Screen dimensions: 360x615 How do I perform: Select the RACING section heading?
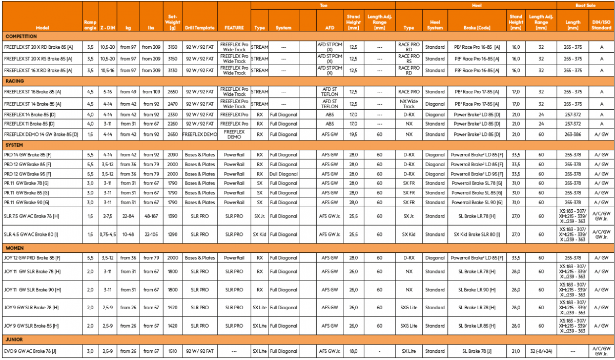pos(15,81)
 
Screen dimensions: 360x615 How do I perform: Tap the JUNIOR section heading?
pos(14,339)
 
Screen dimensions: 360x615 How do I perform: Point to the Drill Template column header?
pos(200,28)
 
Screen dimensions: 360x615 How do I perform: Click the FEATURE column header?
pos(234,28)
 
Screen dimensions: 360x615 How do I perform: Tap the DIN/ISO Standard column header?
pos(601,25)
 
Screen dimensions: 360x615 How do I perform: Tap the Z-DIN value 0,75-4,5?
pos(108,234)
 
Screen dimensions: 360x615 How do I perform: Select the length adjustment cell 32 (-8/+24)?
pos(541,351)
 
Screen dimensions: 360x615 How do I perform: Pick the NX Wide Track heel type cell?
pos(408,104)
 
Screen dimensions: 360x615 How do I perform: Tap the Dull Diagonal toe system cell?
pos(283,174)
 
